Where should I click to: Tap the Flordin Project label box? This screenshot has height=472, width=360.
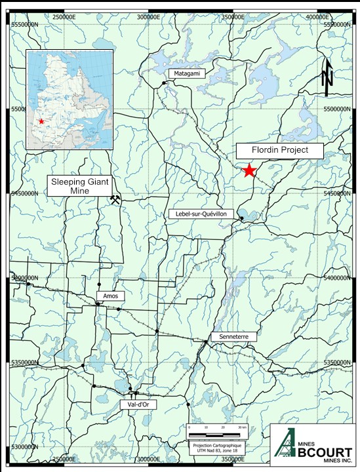[280, 151]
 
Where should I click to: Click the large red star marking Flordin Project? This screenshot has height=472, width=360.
[249, 170]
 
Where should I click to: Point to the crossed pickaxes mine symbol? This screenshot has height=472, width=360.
[116, 199]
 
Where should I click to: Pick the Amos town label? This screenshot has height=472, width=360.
[110, 296]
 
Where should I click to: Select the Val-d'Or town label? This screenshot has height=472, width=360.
[134, 404]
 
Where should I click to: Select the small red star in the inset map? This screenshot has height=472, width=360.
[41, 121]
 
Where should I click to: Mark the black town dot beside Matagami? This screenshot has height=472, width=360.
[164, 83]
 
